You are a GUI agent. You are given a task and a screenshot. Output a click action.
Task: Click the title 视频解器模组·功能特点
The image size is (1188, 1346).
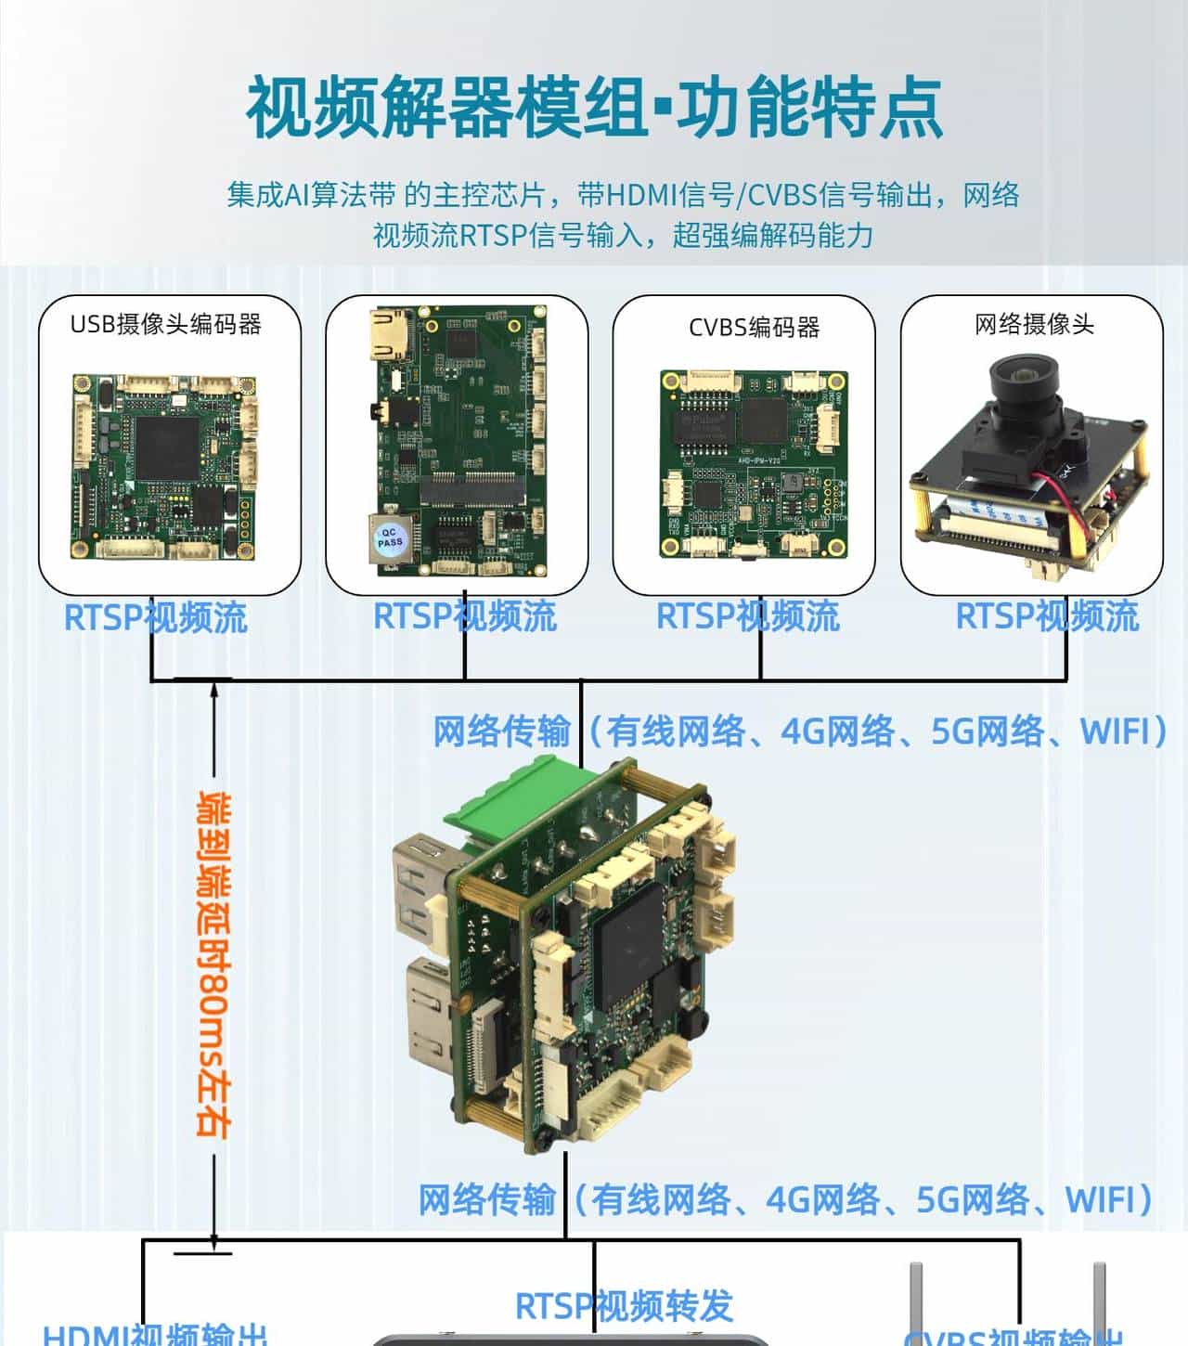(x=594, y=108)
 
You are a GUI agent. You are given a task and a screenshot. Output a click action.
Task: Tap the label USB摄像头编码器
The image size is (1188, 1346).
(x=166, y=324)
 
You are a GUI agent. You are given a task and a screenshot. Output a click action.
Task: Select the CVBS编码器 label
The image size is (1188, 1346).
(x=754, y=327)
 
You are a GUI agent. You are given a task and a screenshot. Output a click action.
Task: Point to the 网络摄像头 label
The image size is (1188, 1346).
(x=1034, y=324)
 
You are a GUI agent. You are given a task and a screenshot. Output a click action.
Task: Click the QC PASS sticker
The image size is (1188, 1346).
(x=390, y=537)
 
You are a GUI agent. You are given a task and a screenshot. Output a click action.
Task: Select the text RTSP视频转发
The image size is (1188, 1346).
(x=624, y=1306)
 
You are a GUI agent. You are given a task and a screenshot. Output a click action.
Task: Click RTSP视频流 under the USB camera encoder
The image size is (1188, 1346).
(x=155, y=617)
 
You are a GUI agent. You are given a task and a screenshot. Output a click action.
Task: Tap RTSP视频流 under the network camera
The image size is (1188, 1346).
(x=1047, y=616)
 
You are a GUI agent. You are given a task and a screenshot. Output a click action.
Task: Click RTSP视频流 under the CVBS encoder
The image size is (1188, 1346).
(x=747, y=616)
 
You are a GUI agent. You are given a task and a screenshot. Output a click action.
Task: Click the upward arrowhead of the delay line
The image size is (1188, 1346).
(x=214, y=687)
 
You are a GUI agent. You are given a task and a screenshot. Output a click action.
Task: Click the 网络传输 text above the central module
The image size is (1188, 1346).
(x=501, y=731)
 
